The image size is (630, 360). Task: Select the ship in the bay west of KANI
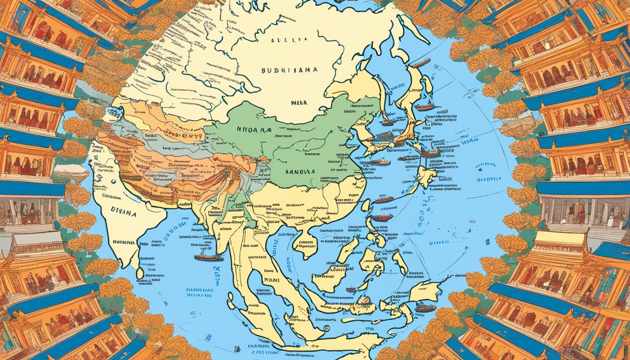coord(209,257)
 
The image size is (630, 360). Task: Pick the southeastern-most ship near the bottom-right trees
coord(426,308)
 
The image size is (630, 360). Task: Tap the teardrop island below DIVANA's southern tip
coord(139,272)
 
